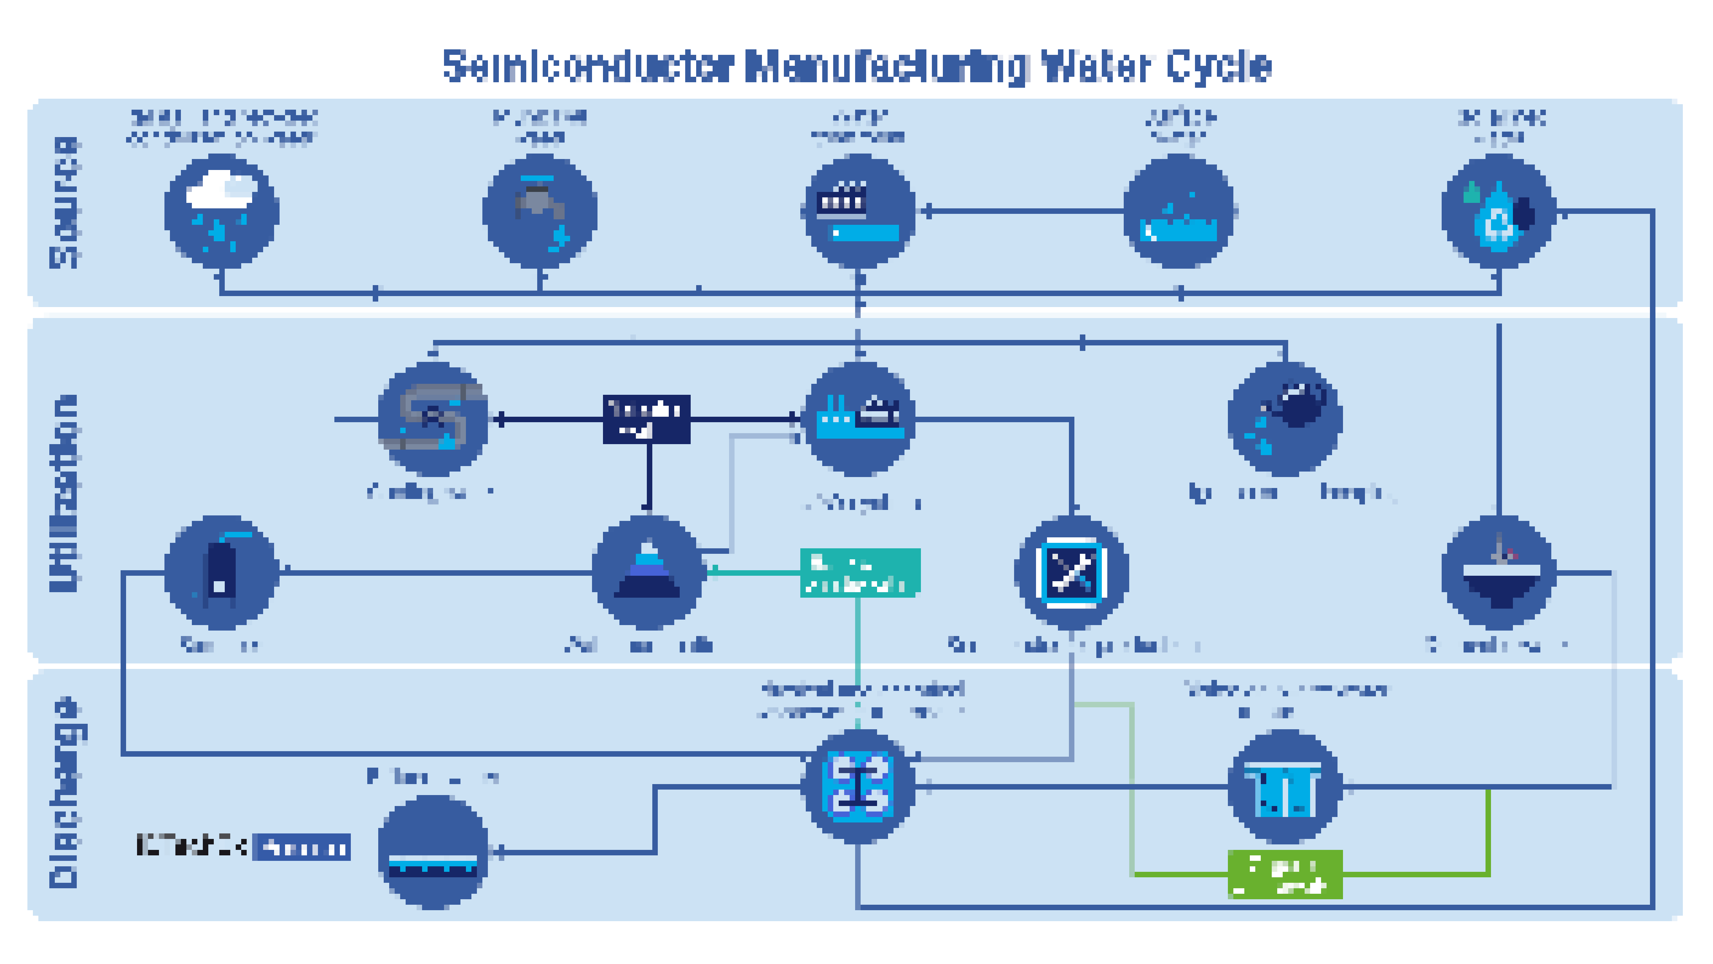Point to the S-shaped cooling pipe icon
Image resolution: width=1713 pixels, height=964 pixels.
pos(433,419)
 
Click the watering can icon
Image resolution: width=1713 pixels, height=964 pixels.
pos(1285,419)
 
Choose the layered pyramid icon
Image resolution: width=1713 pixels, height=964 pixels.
pos(647,572)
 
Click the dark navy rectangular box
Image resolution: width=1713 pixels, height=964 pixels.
pos(646,419)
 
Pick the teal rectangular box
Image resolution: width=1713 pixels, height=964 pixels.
pos(860,573)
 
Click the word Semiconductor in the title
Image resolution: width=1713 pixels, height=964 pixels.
pos(589,66)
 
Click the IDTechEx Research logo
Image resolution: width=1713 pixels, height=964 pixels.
pos(243,847)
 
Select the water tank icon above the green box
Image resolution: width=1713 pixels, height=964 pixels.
pos(1285,787)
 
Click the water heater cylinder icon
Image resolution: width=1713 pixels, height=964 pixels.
pos(221,572)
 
